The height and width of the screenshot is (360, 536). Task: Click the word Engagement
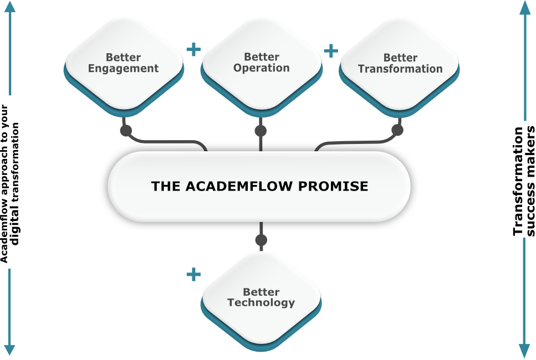(x=123, y=69)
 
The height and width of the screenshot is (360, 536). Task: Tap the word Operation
(x=261, y=68)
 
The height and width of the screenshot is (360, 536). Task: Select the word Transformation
(x=400, y=69)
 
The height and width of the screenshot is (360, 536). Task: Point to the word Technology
(x=261, y=303)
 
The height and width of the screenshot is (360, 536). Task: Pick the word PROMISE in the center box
(x=333, y=186)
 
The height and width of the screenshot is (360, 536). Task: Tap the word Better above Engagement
(x=123, y=58)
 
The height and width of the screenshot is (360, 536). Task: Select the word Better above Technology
(x=261, y=292)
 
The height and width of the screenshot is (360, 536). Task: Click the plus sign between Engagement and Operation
(x=193, y=50)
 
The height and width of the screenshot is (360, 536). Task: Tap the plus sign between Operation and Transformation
(x=330, y=51)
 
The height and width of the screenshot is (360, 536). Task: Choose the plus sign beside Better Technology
(x=193, y=274)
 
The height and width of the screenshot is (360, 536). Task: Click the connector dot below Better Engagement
(x=126, y=131)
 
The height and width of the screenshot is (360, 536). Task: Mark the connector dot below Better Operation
(x=261, y=131)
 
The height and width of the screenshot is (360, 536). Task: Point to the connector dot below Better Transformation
(x=397, y=130)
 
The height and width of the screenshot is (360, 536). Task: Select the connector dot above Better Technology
(x=261, y=240)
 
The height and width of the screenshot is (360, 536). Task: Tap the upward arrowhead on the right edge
(x=525, y=8)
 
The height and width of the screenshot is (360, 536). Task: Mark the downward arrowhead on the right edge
(x=524, y=350)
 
